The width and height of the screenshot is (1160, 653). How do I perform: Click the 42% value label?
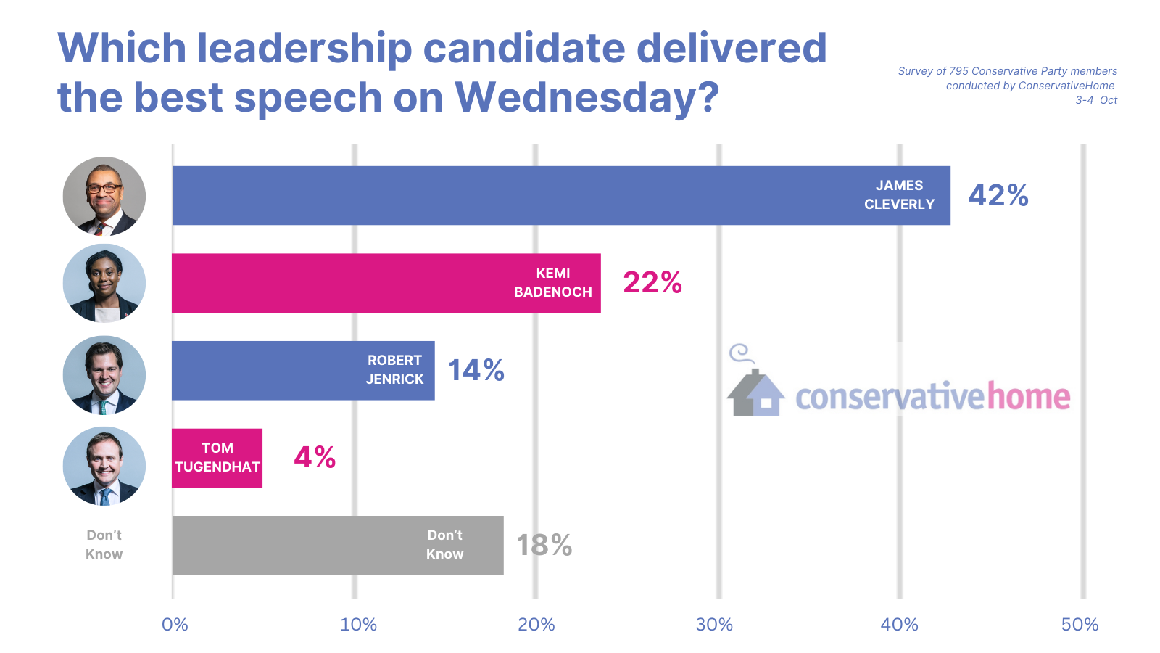click(998, 195)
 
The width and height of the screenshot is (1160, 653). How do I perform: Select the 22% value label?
click(652, 282)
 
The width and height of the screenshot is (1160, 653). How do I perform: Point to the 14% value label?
click(476, 370)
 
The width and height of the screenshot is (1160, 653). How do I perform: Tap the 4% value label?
click(315, 457)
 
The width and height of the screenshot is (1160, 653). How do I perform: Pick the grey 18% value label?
click(544, 545)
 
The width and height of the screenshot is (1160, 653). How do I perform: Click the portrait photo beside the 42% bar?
click(104, 196)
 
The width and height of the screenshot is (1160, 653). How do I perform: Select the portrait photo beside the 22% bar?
click(104, 283)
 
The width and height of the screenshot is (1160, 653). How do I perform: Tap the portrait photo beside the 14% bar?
click(104, 375)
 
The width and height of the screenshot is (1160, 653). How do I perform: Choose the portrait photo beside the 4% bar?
click(104, 466)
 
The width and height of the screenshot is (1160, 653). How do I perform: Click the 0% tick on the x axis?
click(175, 625)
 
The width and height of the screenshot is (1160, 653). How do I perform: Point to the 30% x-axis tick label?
click(714, 625)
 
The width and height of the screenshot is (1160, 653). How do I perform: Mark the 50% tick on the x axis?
click(1080, 625)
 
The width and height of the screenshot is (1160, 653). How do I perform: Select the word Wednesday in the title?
click(587, 97)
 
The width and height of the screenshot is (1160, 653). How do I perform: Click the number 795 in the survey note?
click(958, 71)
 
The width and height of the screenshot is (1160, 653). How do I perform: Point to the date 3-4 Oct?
click(1096, 100)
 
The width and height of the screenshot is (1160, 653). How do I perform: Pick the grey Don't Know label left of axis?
click(104, 544)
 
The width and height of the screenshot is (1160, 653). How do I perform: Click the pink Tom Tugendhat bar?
click(217, 458)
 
